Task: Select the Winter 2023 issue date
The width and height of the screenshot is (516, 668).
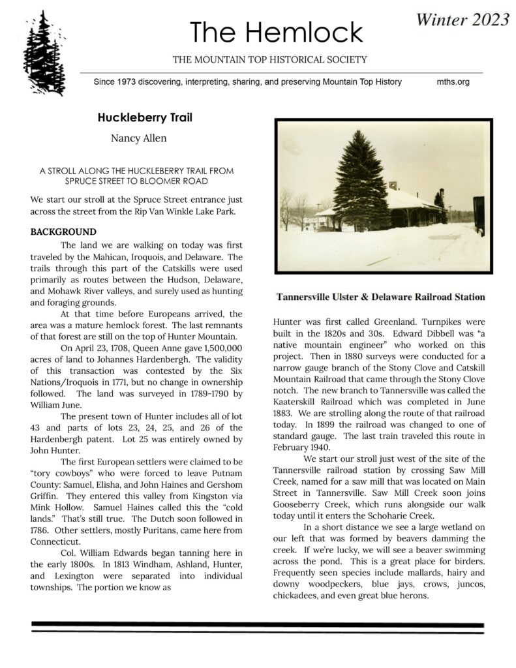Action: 461,20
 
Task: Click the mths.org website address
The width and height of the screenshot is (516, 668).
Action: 453,82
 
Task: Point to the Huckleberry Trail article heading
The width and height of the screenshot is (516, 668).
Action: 144,119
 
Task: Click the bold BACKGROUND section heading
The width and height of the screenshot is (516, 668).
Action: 63,232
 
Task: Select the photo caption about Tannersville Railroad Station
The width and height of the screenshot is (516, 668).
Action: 380,297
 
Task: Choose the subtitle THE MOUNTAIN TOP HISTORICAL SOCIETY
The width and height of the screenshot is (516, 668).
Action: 269,59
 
